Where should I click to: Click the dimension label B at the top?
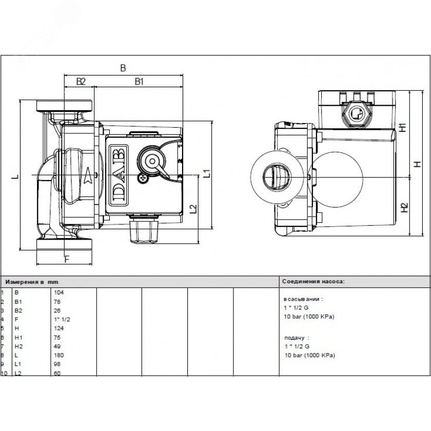pos(123,68)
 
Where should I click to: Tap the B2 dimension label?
pos(81,81)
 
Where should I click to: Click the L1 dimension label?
pos(207,173)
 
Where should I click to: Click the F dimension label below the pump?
pos(67,259)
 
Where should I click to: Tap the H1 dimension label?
pos(403,127)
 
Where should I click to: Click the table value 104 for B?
pos(58,292)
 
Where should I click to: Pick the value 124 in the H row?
pos(58,328)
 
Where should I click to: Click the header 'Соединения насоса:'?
pos(314,282)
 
